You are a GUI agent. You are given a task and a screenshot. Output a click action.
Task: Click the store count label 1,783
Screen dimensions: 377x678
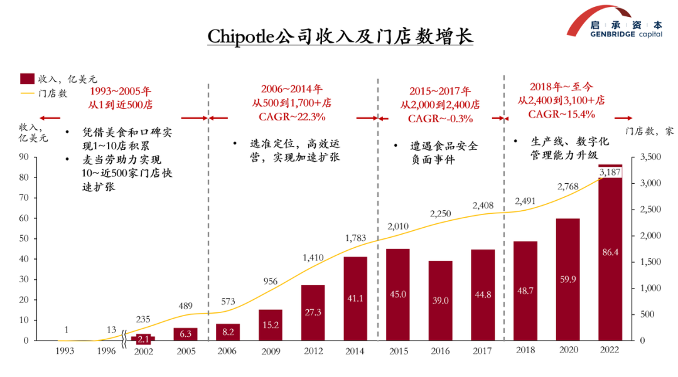coord(355,238)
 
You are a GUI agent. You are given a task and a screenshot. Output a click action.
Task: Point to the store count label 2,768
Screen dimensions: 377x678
coord(568,186)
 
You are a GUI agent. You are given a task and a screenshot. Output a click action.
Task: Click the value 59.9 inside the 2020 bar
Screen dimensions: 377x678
coord(568,279)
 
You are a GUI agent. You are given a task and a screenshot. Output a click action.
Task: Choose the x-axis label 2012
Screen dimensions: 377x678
coord(313,351)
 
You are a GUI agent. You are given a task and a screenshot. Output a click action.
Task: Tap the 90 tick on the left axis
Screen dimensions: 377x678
coord(24,157)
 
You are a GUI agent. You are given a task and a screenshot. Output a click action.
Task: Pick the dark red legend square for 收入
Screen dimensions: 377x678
coord(27,78)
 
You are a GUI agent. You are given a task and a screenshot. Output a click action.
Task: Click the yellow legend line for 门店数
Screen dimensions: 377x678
coord(27,93)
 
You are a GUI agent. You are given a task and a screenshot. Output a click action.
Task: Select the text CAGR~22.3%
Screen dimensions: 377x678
coord(292,117)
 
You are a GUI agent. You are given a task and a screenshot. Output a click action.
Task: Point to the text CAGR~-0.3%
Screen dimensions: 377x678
coord(440,119)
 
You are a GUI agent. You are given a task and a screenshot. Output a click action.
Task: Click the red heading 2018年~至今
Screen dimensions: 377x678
coord(561,87)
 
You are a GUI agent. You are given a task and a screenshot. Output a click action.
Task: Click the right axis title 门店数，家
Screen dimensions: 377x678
coord(650,131)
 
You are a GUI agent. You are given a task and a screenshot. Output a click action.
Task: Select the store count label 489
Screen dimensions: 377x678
coord(185,306)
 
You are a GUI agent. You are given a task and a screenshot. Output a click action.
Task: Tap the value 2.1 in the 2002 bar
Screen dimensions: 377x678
coord(143,339)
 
